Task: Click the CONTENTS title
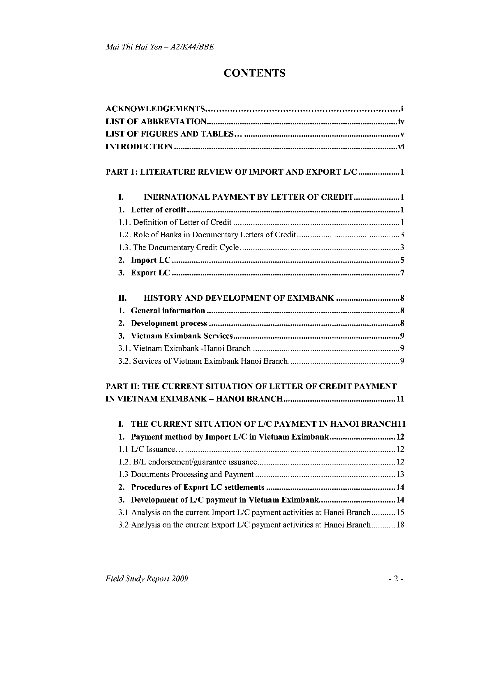pyautogui.click(x=254, y=73)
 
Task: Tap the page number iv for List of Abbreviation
pyautogui.click(x=401, y=122)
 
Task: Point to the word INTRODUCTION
pyautogui.click(x=139, y=147)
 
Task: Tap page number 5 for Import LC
pyautogui.click(x=402, y=260)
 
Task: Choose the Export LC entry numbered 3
pyautogui.click(x=150, y=273)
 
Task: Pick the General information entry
pyautogui.click(x=168, y=310)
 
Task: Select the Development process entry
pyautogui.click(x=169, y=323)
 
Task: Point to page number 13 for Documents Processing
pyautogui.click(x=400, y=474)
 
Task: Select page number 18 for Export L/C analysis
pyautogui.click(x=400, y=525)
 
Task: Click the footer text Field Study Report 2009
pyautogui.click(x=147, y=579)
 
